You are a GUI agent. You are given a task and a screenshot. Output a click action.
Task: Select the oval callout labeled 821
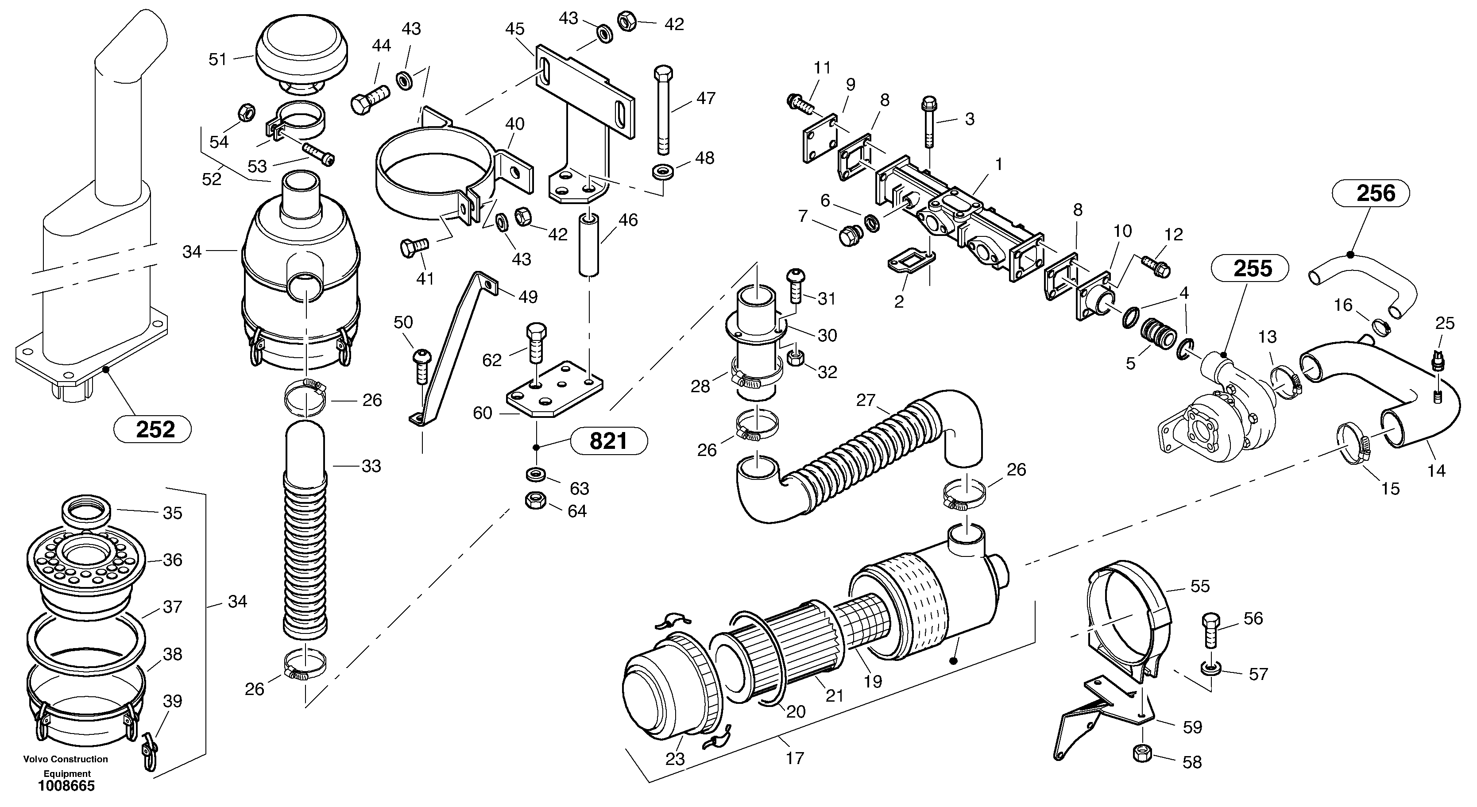click(x=608, y=441)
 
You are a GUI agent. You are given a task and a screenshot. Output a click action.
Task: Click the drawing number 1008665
click(x=66, y=786)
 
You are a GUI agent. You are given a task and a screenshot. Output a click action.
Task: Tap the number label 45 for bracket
click(x=514, y=29)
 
